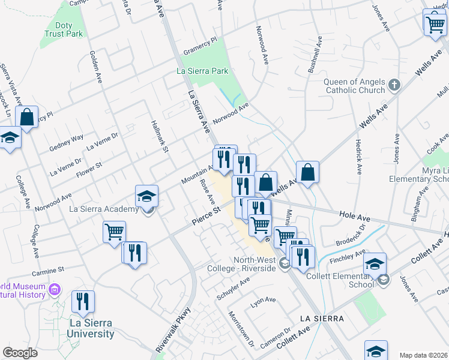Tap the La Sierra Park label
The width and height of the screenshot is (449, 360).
coord(202,71)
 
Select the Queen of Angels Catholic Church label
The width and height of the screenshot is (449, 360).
coord(354,86)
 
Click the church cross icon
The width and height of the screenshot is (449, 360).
coord(394,85)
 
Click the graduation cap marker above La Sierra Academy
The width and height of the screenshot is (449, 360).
coord(146,196)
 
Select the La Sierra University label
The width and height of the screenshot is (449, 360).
coord(91,328)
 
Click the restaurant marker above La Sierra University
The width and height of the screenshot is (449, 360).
coord(83,301)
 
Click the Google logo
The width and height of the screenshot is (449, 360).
coord(20,353)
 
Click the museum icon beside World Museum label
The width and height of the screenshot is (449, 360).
coord(55,290)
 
